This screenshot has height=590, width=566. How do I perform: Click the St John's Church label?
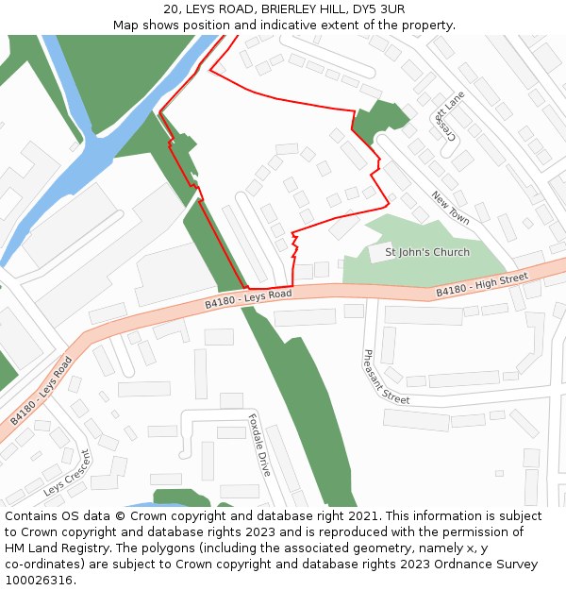pyautogui.click(x=427, y=252)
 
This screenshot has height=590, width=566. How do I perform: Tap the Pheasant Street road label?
pyautogui.click(x=386, y=377)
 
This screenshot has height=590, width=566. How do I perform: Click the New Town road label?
pyautogui.click(x=450, y=208)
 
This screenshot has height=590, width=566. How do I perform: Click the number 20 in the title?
pyautogui.click(x=171, y=9)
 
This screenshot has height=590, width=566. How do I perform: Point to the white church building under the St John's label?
pyautogui.click(x=380, y=253)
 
